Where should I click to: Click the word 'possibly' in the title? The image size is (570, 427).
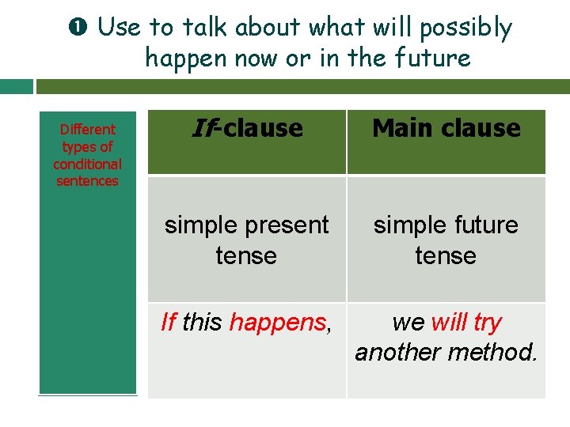tap(465, 28)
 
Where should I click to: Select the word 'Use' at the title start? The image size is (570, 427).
tap(119, 28)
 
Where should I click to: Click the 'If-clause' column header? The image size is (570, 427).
tap(247, 128)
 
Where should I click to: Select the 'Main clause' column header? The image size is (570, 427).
tap(446, 128)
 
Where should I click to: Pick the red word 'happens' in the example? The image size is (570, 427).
tap(277, 323)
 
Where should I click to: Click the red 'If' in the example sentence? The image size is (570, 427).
tap(168, 323)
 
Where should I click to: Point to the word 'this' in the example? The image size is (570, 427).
tap(203, 323)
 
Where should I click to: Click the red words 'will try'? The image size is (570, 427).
tap(467, 323)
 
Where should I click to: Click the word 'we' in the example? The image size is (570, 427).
tap(408, 323)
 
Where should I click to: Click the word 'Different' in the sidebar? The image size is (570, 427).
tap(87, 130)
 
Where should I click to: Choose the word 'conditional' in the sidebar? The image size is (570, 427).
tap(87, 164)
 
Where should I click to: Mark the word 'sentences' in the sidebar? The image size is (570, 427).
tap(87, 181)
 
